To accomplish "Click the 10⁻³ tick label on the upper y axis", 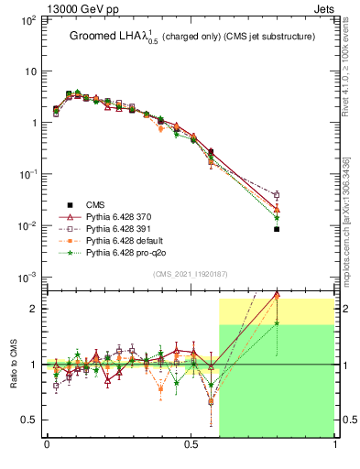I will click(x=27, y=278).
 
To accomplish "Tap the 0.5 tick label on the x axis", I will click(x=191, y=446).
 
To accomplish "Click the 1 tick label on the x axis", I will click(x=335, y=446).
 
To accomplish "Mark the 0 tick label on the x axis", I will click(x=47, y=446).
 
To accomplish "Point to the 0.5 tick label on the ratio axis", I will click(x=27, y=420).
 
